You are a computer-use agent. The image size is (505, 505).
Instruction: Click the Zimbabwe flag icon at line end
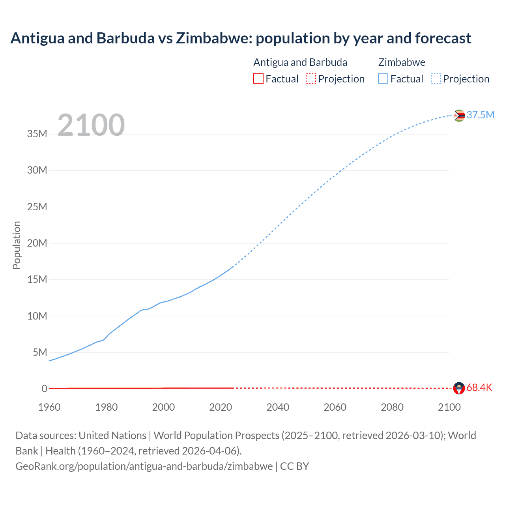pyautogui.click(x=459, y=116)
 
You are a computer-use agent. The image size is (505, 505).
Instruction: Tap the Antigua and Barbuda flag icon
pyautogui.click(x=459, y=388)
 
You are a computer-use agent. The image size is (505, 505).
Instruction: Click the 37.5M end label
pyautogui.click(x=480, y=115)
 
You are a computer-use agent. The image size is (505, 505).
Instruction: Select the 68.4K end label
pyautogui.click(x=479, y=387)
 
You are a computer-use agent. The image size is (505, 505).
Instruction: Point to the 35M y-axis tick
pyautogui.click(x=37, y=134)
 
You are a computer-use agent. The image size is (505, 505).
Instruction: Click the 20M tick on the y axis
pyautogui.click(x=37, y=243)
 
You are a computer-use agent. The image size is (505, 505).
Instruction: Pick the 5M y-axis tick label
pyautogui.click(x=40, y=352)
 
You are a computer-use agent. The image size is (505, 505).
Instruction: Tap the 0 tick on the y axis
pyautogui.click(x=45, y=389)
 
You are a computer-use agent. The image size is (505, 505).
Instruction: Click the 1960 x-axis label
pyautogui.click(x=49, y=407)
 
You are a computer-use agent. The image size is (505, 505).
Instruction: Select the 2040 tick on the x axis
pyautogui.click(x=278, y=407)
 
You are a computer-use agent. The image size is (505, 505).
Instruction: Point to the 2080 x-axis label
pyautogui.click(x=392, y=407)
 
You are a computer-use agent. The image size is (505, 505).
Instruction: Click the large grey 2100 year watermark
pyautogui.click(x=91, y=125)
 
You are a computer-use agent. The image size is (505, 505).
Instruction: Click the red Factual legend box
pyautogui.click(x=258, y=79)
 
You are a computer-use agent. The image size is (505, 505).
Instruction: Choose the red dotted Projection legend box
pyautogui.click(x=311, y=79)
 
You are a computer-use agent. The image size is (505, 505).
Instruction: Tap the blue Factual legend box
pyautogui.click(x=383, y=79)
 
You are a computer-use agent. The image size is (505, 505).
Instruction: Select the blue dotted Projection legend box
pyautogui.click(x=436, y=79)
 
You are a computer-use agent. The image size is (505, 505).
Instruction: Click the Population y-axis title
pyautogui.click(x=17, y=245)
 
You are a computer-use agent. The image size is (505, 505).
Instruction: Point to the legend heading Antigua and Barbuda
pyautogui.click(x=300, y=62)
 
